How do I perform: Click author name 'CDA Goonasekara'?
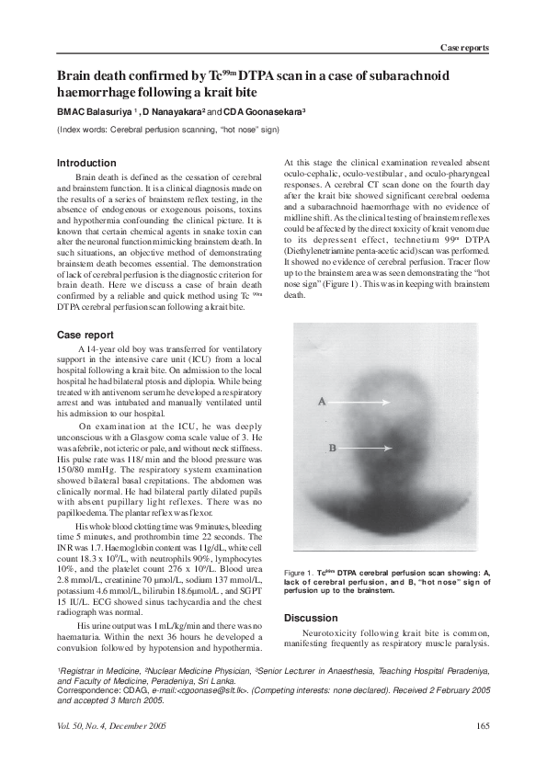262,112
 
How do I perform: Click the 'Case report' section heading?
85,335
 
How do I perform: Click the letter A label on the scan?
322,402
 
